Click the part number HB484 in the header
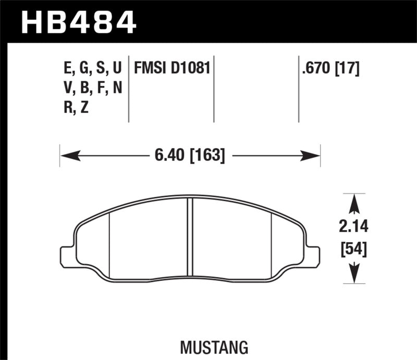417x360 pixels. [78, 22]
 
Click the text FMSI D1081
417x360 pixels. [172, 68]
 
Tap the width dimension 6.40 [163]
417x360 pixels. [189, 155]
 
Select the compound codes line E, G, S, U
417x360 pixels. [92, 68]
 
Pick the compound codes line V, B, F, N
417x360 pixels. [92, 88]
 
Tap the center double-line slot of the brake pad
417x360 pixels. [190, 240]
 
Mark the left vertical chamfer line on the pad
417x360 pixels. [109, 245]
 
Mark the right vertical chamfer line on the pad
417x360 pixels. [273, 245]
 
